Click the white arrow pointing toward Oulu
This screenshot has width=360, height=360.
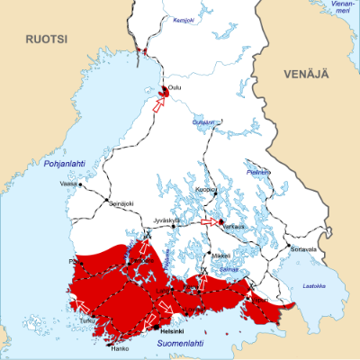point(159,103)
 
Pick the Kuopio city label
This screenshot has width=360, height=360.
point(205,191)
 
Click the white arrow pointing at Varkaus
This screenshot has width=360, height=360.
point(208,221)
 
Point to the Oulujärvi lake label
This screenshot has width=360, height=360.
point(203,122)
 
